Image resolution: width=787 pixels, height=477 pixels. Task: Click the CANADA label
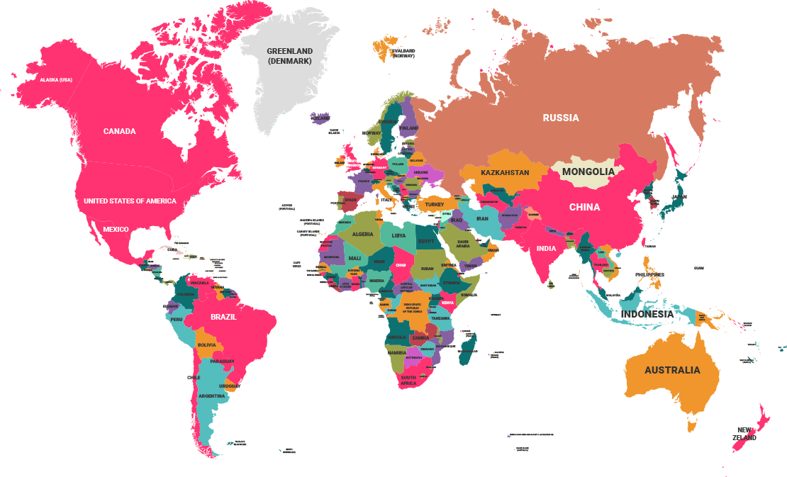tap(119, 131)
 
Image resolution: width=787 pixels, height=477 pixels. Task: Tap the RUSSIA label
tap(561, 118)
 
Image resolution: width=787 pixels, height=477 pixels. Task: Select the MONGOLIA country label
tap(588, 172)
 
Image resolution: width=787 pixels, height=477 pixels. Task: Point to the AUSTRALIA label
tap(671, 370)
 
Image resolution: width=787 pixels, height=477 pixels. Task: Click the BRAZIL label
tap(223, 317)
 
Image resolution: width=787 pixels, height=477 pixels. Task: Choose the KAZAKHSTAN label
tap(505, 172)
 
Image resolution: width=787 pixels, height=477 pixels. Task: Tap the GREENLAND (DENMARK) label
tap(289, 56)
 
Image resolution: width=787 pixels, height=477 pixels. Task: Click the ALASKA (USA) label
tap(56, 79)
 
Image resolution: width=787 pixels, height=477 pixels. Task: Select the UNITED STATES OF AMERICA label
tap(130, 201)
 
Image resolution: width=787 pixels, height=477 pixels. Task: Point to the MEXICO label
tap(116, 229)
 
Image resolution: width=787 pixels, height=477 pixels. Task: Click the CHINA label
tap(584, 207)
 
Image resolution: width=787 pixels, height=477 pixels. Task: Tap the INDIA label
tap(546, 249)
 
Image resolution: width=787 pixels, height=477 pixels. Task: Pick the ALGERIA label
tap(362, 234)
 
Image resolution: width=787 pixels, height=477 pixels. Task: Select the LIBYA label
tap(399, 235)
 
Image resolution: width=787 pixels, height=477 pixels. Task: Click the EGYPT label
tap(425, 242)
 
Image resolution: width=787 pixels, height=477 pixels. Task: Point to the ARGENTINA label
tap(211, 395)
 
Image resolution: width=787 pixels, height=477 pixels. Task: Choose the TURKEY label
tap(434, 205)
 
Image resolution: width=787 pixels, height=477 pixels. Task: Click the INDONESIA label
tap(647, 314)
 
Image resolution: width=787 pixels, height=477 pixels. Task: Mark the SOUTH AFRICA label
tap(408, 381)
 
